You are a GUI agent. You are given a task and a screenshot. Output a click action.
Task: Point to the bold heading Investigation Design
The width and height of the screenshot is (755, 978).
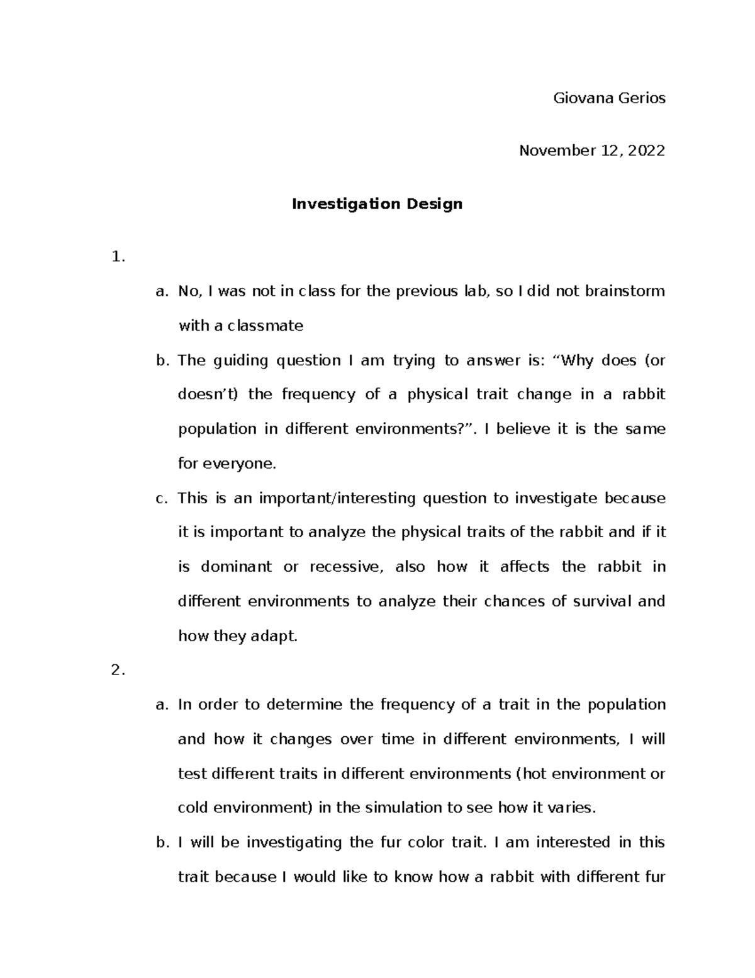click(377, 204)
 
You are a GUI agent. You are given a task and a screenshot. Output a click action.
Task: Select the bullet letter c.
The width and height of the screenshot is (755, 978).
click(162, 498)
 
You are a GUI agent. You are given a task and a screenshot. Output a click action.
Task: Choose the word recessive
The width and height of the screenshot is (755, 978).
click(345, 567)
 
